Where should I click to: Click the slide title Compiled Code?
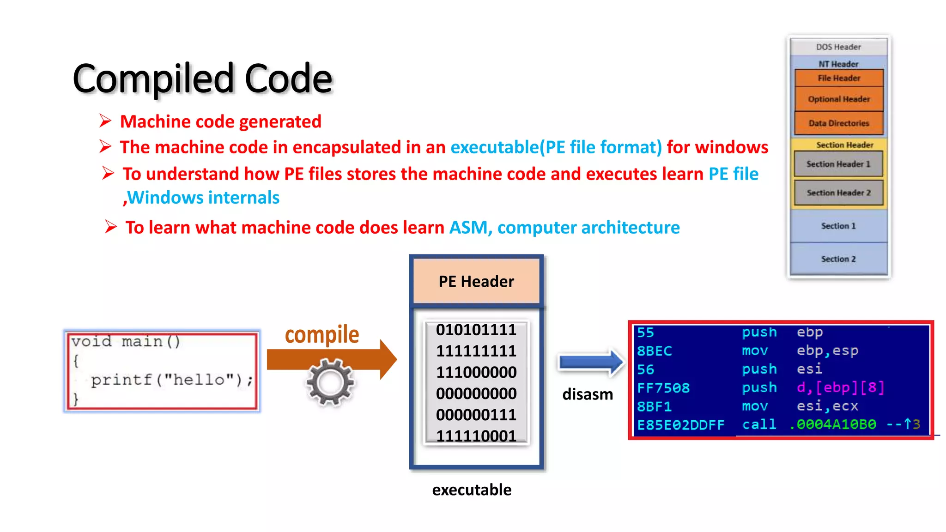[x=202, y=79]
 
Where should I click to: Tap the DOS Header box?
[x=838, y=47]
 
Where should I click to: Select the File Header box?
[x=839, y=78]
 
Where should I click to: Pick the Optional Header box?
[x=839, y=99]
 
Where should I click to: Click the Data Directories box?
[x=839, y=123]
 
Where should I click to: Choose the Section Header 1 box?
[x=838, y=164]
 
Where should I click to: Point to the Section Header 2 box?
[x=838, y=193]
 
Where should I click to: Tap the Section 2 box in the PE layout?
[x=838, y=259]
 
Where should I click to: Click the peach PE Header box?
[x=476, y=281]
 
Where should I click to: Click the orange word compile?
[x=322, y=334]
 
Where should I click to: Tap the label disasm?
[x=588, y=394]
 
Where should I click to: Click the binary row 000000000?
[x=476, y=393]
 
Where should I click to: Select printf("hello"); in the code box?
[x=172, y=380]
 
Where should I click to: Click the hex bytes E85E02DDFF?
[x=680, y=425]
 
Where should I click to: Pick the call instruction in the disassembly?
[x=759, y=424]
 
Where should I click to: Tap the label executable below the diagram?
[x=472, y=490]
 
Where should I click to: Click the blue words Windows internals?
[x=203, y=198]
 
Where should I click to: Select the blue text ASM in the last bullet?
[x=468, y=228]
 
